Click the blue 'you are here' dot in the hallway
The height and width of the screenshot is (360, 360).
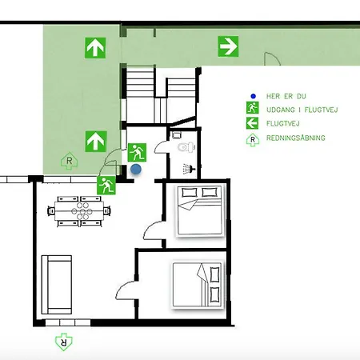pos(136,169)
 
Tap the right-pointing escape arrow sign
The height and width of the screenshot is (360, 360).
pos(228,46)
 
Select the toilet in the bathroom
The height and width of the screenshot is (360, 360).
pos(186,147)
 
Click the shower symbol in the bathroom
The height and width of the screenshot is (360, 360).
pos(189,169)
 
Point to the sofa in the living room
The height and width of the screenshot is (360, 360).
pos(57,285)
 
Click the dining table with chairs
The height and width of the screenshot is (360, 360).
pos(79,211)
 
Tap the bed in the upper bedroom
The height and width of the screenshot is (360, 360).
pos(200,210)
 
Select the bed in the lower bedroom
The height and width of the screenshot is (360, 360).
pos(197,285)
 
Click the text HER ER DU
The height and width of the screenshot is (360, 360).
pos(286,96)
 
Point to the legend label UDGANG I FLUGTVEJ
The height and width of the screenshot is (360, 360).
pos(302,110)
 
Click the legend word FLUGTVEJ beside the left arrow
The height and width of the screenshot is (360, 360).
pos(282,123)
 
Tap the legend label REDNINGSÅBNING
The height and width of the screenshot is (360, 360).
pos(296,138)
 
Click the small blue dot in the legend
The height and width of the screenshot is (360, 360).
pos(253,96)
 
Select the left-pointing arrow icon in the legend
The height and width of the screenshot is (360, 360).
pos(252,123)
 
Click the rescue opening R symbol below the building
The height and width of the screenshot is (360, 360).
pos(64,342)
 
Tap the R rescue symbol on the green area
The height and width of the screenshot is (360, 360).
pos(70,161)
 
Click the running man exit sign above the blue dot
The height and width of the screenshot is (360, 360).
pos(137,153)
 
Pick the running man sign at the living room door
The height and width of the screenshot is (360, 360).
pos(106,185)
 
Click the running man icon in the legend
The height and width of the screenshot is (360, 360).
pos(252,108)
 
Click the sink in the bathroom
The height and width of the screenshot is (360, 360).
pos(176,135)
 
